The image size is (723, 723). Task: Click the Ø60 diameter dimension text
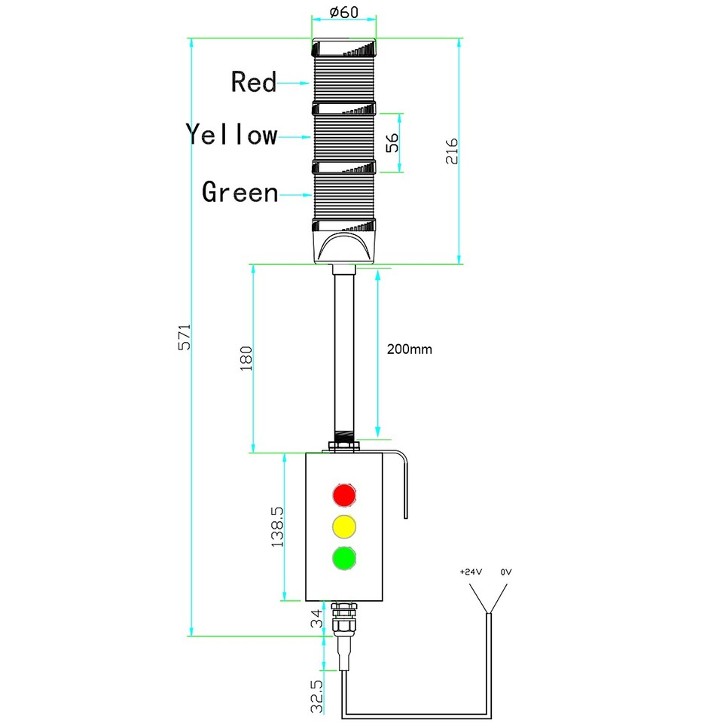[344, 13]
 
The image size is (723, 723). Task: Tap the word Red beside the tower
[254, 81]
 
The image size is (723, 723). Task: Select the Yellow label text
[232, 135]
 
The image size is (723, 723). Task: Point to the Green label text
[240, 192]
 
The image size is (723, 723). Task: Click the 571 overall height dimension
[184, 337]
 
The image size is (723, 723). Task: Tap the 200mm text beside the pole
[410, 349]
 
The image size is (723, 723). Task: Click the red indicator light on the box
[344, 494]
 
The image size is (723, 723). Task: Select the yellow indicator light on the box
[344, 526]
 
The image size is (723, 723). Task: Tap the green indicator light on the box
[344, 558]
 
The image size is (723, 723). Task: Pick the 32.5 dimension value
[318, 696]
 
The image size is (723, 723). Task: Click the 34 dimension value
[319, 619]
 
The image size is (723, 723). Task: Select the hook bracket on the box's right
[402, 482]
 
